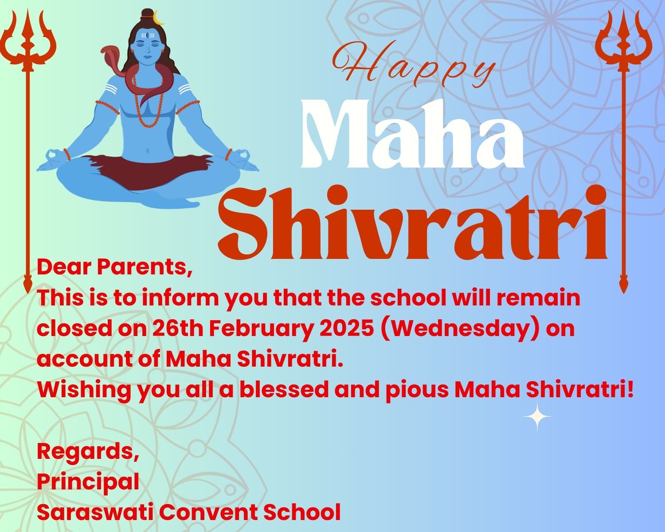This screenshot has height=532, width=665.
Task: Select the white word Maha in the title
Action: click(413, 134)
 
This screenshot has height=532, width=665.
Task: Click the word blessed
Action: click(284, 390)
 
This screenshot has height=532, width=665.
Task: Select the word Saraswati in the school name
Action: click(95, 512)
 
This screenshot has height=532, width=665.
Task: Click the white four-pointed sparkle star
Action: click(537, 417)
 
